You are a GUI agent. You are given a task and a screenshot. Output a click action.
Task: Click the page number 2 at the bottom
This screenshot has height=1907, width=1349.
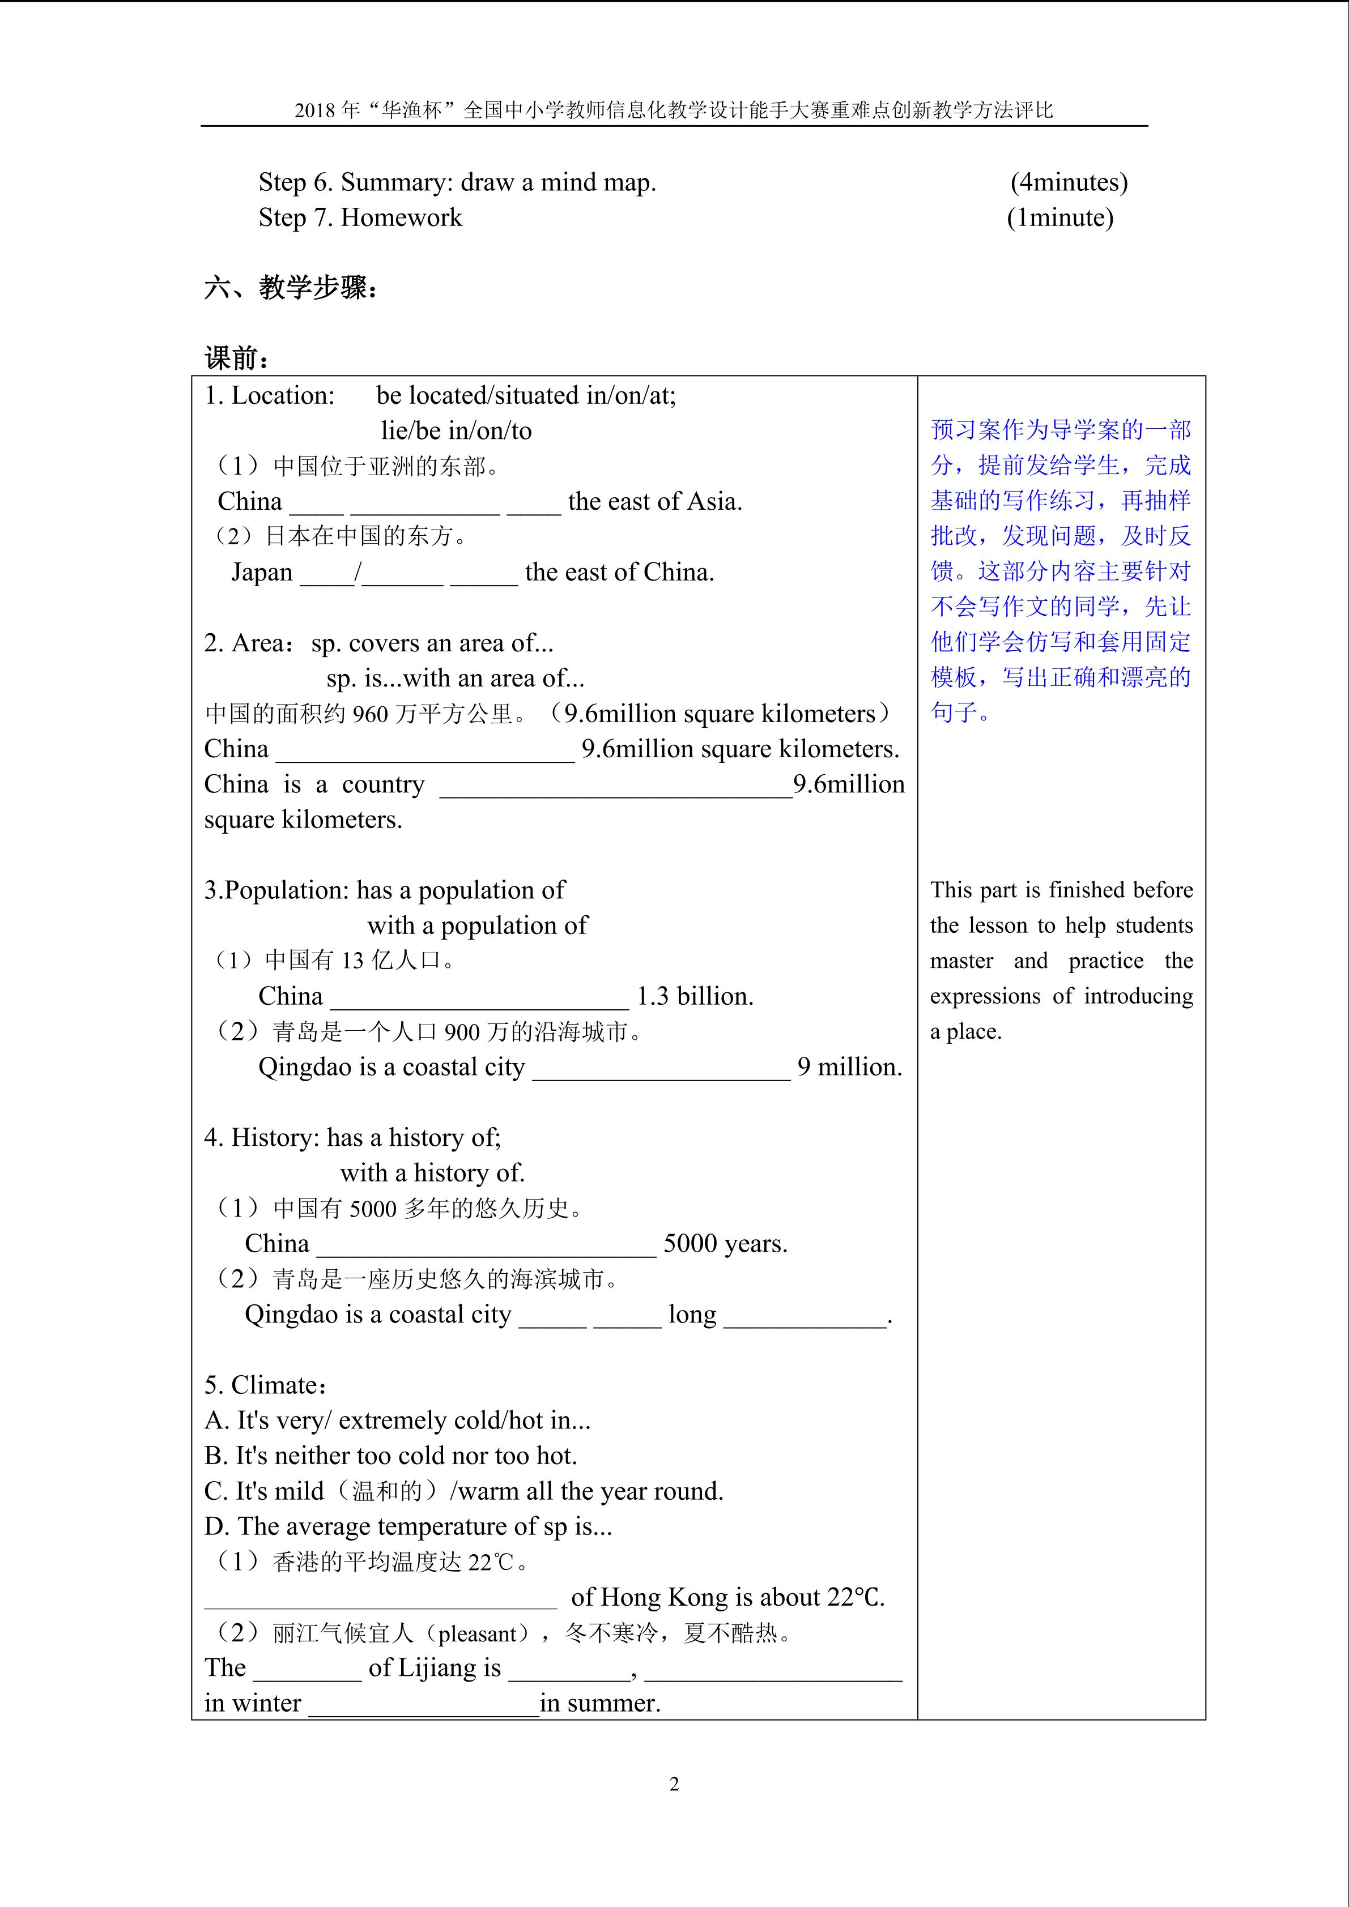click(x=674, y=1784)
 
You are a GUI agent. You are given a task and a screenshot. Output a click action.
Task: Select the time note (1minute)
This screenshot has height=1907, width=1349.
click(x=1060, y=217)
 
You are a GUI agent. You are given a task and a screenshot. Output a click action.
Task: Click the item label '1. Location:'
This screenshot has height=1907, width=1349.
click(x=269, y=395)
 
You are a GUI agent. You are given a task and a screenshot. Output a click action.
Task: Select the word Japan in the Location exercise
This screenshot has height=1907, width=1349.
click(x=262, y=572)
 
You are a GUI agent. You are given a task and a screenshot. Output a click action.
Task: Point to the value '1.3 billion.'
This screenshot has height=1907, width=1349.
click(x=695, y=996)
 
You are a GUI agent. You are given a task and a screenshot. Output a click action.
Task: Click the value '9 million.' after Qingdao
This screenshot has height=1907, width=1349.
click(x=849, y=1066)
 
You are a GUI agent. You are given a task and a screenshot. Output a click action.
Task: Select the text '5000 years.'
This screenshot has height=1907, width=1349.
click(x=725, y=1243)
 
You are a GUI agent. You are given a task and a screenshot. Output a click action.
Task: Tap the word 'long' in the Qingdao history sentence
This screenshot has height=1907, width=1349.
click(x=692, y=1314)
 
